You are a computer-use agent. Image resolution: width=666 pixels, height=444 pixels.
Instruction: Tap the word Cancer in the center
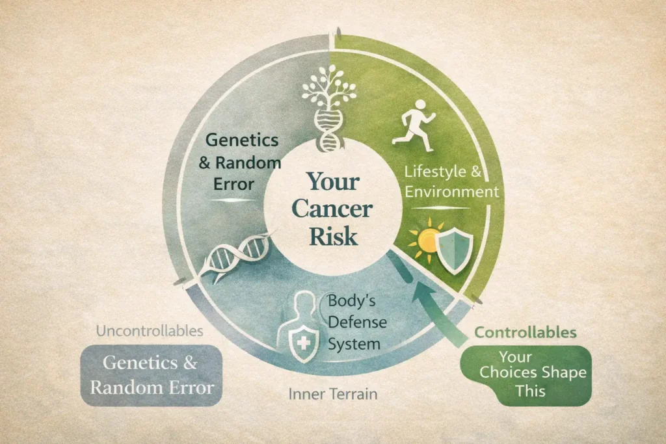pyautogui.click(x=332, y=209)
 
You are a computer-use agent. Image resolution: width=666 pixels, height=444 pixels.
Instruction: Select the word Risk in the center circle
pyautogui.click(x=332, y=236)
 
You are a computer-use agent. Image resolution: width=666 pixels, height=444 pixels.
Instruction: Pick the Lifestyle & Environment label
pyautogui.click(x=451, y=182)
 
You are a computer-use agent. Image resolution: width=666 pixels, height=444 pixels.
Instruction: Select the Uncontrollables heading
pyautogui.click(x=149, y=331)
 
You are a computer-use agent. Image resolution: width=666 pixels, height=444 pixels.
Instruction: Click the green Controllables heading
pyautogui.click(x=525, y=333)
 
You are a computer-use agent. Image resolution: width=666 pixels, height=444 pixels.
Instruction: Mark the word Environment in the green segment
pyautogui.click(x=451, y=192)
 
